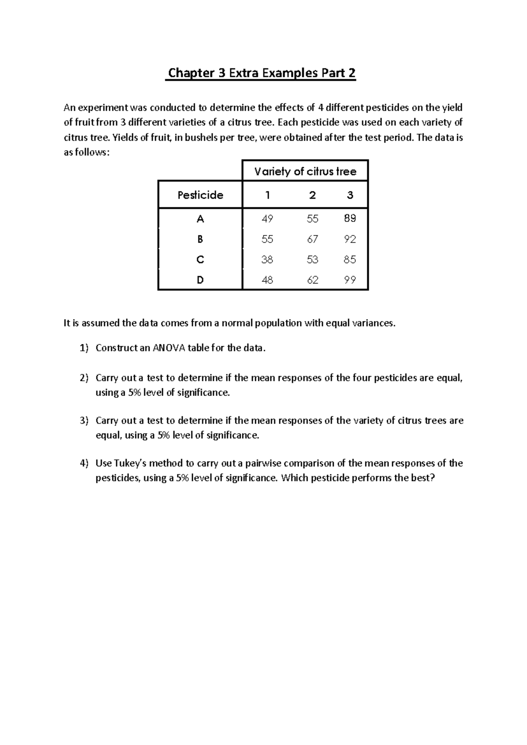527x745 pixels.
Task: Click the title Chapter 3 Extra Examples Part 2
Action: (x=262, y=73)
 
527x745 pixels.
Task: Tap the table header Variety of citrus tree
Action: (x=305, y=171)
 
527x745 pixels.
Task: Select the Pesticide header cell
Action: (x=200, y=195)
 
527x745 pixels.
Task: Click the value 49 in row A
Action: (x=267, y=219)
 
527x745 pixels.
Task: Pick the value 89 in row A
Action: (x=350, y=219)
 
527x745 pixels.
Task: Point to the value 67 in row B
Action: (x=313, y=239)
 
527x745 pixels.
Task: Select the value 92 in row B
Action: (x=350, y=239)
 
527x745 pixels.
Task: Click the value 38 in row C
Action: (x=267, y=260)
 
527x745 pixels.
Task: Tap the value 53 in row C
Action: (x=313, y=260)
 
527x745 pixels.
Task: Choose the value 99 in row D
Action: (x=350, y=280)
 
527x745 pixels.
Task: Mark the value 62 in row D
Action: (x=313, y=280)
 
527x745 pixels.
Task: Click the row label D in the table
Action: (x=200, y=280)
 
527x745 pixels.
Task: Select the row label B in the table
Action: (x=200, y=239)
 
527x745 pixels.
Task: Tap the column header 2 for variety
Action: (x=313, y=195)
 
